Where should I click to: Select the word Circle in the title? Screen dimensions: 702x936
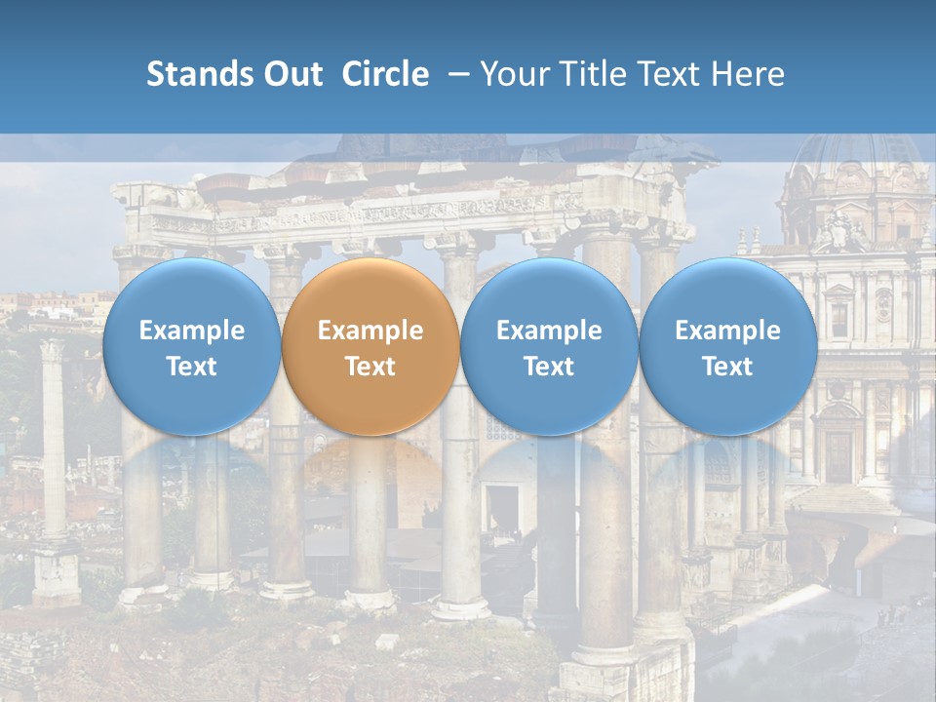pyautogui.click(x=385, y=74)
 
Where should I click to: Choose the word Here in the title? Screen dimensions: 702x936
pyautogui.click(x=749, y=74)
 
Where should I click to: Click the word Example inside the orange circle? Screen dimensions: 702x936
pyautogui.click(x=370, y=331)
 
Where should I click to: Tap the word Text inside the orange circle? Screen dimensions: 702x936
pyautogui.click(x=370, y=367)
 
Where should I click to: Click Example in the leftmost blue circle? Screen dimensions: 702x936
pyautogui.click(x=191, y=331)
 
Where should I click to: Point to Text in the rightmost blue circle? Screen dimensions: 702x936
pyautogui.click(x=727, y=367)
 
